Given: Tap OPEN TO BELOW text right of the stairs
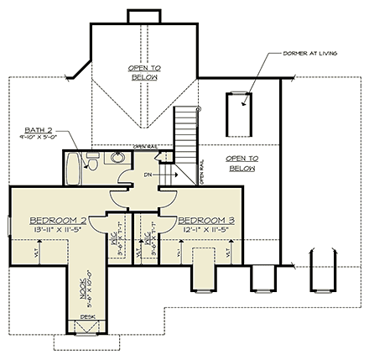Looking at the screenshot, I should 241,162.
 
